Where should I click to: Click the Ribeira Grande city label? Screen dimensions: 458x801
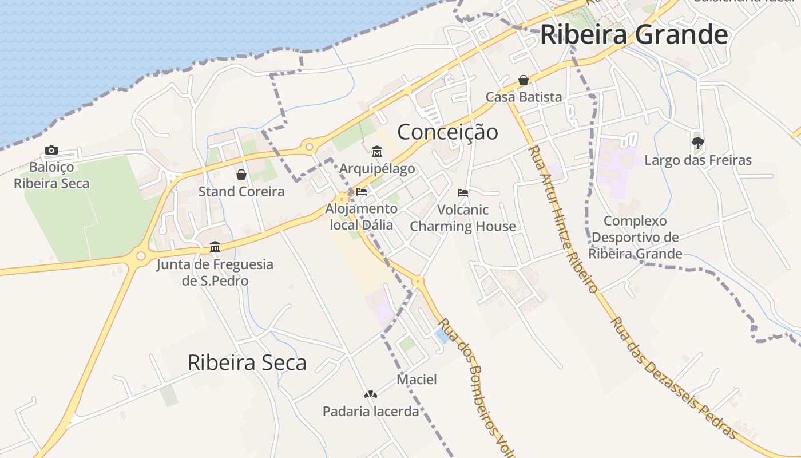pos(633,34)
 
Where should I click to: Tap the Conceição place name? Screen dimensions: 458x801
pos(447,132)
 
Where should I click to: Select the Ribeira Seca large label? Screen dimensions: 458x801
pos(247,362)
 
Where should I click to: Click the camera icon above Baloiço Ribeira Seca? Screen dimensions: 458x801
pos(51,150)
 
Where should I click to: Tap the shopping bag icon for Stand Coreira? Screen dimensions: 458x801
pos(241,175)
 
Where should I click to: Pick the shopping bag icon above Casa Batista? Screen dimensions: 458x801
pos(523,80)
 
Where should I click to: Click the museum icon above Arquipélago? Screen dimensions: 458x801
pos(376,152)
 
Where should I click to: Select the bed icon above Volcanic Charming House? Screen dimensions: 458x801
pos(463,193)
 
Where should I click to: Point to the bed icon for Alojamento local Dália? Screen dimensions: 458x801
pos(361,191)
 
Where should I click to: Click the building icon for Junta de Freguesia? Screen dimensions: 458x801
pos(215,247)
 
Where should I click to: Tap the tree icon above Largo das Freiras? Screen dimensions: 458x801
pos(697,143)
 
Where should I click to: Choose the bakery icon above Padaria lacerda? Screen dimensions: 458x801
pos(371,394)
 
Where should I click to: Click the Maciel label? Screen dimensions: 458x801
pos(417,379)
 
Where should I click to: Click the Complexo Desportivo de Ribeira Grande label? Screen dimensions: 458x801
pos(635,237)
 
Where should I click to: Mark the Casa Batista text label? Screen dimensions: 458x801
pos(524,97)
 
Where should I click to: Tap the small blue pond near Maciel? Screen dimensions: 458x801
pos(442,335)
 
